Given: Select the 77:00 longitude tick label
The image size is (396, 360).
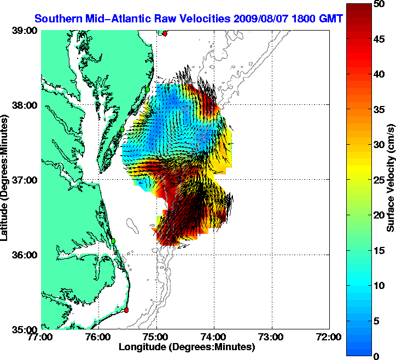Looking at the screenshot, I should click(42, 337).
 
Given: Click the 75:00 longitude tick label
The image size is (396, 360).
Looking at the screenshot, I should click(157, 337).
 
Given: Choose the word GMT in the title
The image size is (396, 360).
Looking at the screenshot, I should click(331, 19).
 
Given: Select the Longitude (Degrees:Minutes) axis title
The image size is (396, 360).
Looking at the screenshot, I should click(186, 347).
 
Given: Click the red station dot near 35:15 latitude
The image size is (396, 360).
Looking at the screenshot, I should click(126, 310).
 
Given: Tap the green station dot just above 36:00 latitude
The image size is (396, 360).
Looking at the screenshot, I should click(113, 240).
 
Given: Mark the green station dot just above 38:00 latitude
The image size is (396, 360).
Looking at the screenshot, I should click(148, 89).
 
